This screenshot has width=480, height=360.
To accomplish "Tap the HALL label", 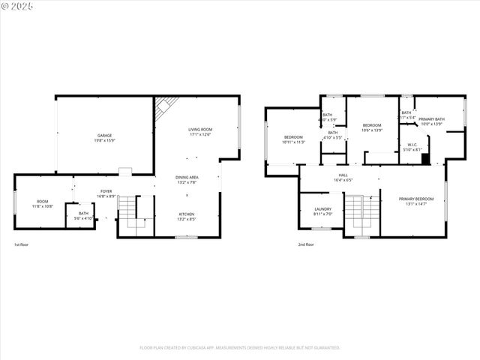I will (342, 177).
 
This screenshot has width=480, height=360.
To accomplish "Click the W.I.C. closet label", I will (412, 147).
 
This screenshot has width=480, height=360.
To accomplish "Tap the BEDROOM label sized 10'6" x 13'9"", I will (372, 127).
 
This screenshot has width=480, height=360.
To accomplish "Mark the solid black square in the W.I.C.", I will (425, 158).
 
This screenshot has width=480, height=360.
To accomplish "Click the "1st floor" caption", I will (22, 244).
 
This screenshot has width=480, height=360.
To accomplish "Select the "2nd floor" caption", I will (306, 244).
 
